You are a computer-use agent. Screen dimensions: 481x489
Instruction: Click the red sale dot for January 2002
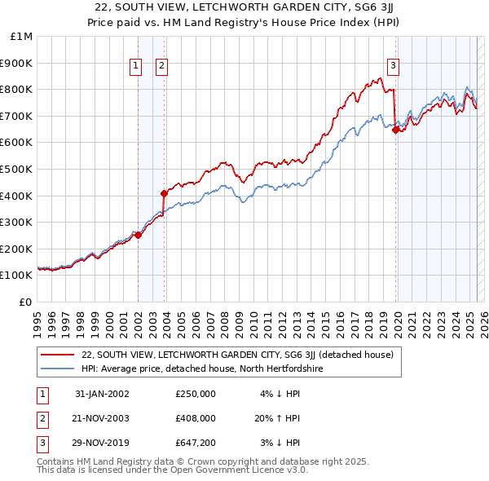(139, 235)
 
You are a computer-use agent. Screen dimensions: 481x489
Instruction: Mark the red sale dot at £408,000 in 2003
(164, 193)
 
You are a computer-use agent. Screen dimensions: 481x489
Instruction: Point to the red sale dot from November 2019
(395, 130)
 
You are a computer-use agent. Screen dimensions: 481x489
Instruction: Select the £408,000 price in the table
(196, 418)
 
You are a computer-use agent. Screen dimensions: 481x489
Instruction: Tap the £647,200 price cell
(196, 443)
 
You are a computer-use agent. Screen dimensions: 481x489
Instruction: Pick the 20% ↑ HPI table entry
(276, 418)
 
